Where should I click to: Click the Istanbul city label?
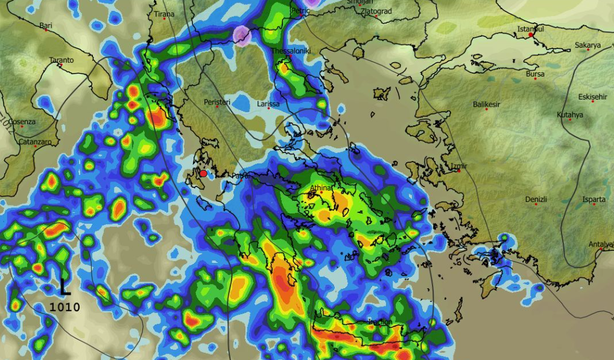click(531, 29)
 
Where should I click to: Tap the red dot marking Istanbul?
click(531, 35)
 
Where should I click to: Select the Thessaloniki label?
click(291, 51)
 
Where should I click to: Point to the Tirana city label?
click(164, 14)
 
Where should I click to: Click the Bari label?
click(46, 25)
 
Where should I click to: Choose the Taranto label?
click(62, 60)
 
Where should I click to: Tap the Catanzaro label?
click(35, 142)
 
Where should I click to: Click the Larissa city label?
click(268, 104)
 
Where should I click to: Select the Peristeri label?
click(217, 102)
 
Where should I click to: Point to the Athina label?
click(320, 188)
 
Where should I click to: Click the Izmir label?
click(459, 166)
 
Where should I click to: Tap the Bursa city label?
click(535, 74)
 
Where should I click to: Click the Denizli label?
click(536, 199)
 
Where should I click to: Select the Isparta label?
click(594, 199)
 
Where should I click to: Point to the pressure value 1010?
click(65, 307)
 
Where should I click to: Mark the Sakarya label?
click(587, 45)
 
